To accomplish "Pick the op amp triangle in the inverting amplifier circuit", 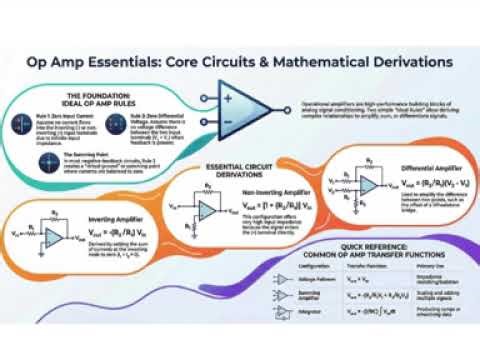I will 53,232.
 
